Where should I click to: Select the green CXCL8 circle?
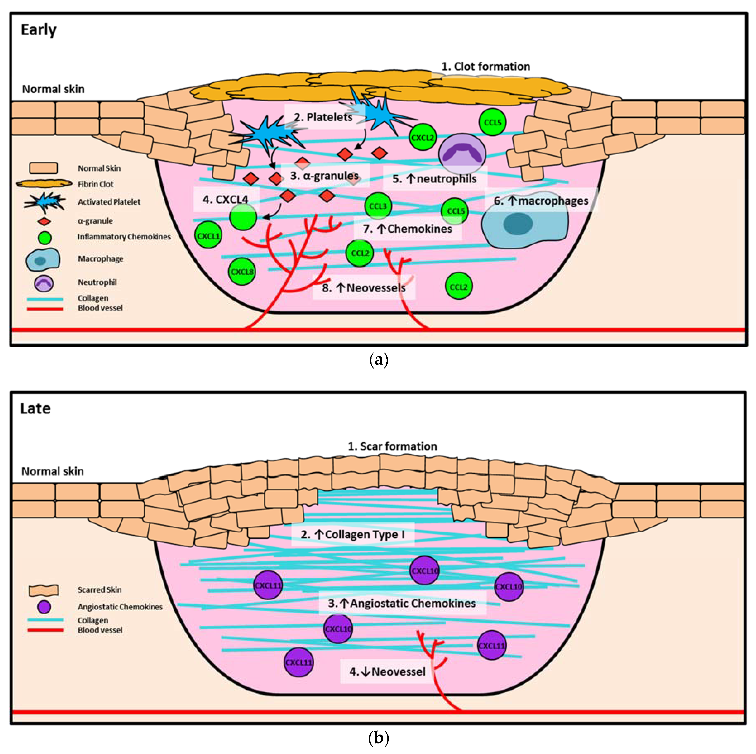point(242,271)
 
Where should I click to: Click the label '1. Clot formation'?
point(486,67)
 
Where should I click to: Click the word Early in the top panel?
point(38,30)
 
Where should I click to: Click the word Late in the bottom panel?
point(35,408)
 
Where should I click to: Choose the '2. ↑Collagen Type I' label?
point(353,534)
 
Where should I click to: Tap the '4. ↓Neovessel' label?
point(387,671)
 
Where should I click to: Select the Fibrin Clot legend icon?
point(44,184)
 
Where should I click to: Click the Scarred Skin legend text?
point(99,590)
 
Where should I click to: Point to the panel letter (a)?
point(378,359)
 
